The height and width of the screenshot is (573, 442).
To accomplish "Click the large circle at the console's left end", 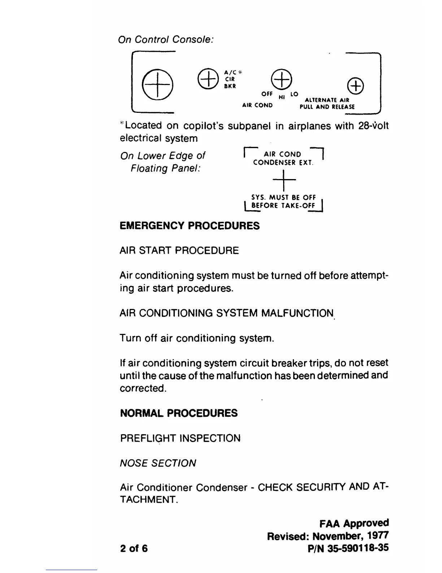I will click(x=157, y=85).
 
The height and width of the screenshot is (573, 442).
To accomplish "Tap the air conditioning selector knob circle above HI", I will click(x=281, y=79).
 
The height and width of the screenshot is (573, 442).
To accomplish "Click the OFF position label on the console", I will click(x=267, y=94).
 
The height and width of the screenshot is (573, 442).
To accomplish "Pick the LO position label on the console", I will click(x=294, y=94).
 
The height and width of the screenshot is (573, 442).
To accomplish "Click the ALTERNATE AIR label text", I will click(x=327, y=100).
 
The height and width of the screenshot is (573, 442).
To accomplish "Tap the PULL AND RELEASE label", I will click(x=327, y=107).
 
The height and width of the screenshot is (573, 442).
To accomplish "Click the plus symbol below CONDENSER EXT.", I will click(x=285, y=180).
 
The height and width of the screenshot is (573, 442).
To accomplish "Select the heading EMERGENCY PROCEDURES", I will click(x=189, y=226).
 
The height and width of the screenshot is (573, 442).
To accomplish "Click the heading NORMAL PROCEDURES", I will click(x=178, y=413).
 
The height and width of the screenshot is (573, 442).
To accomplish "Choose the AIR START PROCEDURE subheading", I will click(x=179, y=251).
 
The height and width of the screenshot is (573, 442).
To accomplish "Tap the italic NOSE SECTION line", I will click(x=158, y=463).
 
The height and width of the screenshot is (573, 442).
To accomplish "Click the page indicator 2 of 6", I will click(x=134, y=548).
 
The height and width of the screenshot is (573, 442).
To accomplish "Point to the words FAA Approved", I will click(x=354, y=523).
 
